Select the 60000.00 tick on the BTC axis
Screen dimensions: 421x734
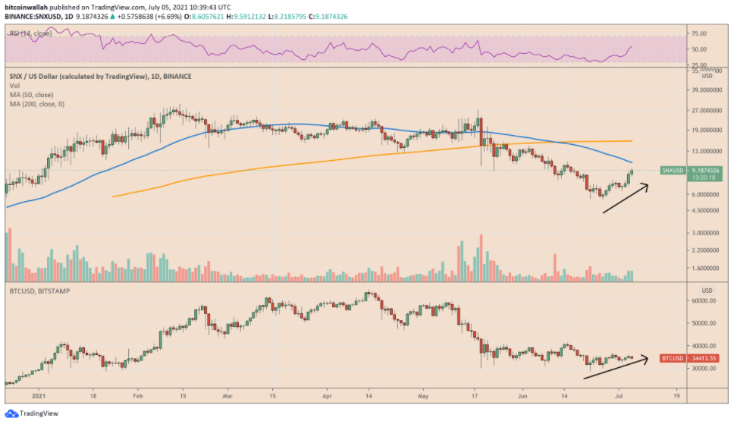704,301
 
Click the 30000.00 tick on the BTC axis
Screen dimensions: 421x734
704,369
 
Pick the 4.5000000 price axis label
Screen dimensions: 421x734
701,210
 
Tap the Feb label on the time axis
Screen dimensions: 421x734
138,396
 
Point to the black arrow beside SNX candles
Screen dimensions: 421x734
626,199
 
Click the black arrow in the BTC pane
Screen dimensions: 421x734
616,367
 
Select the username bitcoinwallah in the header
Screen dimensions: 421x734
26,5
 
